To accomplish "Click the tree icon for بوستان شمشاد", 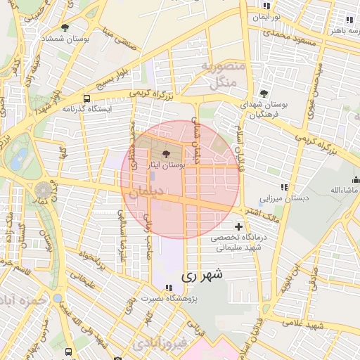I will pos(65,28).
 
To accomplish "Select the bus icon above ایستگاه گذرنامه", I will pos(86,99).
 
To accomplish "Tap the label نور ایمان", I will pos(269,15).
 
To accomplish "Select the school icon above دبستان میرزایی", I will pos(284,187).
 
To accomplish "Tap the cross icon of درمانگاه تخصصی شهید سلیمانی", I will pos(239,226).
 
